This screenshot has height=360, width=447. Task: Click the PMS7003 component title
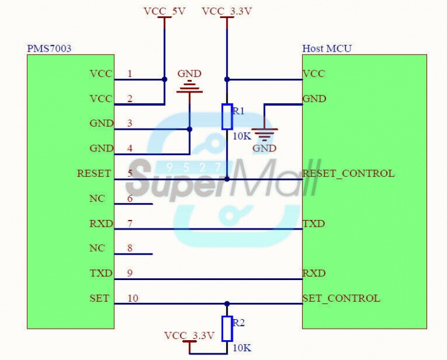click(49, 48)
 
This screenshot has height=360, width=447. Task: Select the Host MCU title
click(327, 48)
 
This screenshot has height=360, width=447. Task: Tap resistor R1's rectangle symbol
click(227, 117)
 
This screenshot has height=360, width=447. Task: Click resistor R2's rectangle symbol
click(227, 329)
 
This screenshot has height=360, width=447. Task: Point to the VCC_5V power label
click(164, 11)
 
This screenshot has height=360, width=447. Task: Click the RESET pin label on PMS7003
click(94, 173)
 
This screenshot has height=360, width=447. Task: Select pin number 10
click(132, 298)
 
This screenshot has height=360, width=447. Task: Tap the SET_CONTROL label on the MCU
click(341, 298)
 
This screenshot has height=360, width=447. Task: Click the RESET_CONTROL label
click(348, 173)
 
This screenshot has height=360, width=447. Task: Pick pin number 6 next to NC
click(129, 198)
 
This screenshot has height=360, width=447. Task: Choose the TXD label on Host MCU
click(313, 224)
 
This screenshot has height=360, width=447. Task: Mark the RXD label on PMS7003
click(100, 224)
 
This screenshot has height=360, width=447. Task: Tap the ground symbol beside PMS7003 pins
click(190, 88)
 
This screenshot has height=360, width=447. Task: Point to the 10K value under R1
click(242, 136)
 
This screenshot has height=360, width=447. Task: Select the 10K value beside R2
click(242, 348)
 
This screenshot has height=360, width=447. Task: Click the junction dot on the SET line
click(227, 304)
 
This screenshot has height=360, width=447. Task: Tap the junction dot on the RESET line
click(227, 179)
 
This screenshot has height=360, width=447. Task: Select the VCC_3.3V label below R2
click(189, 335)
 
